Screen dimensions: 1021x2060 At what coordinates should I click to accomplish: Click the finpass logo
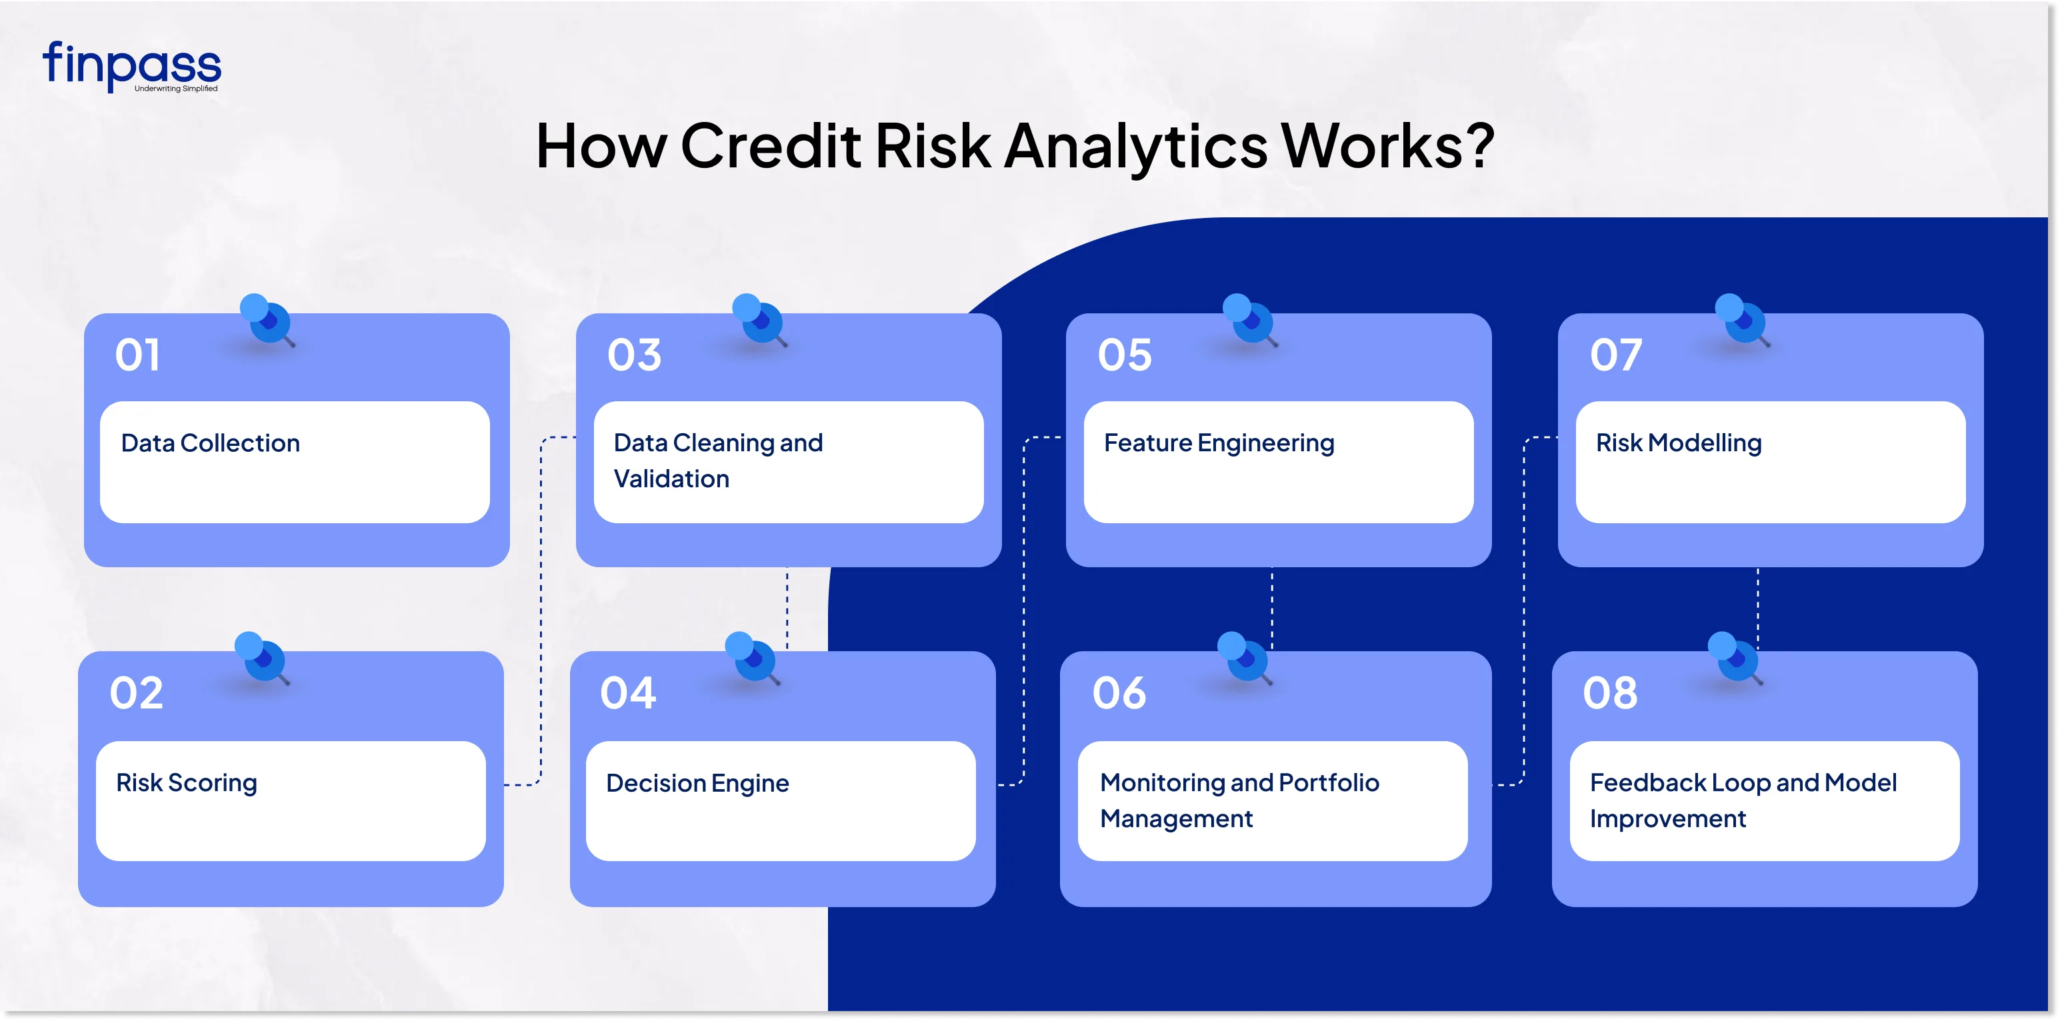(x=131, y=65)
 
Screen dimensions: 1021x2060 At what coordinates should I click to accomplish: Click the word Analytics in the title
(x=1135, y=147)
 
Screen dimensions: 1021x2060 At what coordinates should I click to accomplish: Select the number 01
(x=137, y=355)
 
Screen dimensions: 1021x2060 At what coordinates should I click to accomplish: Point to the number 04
(x=628, y=693)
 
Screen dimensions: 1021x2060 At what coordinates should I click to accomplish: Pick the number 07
(x=1615, y=355)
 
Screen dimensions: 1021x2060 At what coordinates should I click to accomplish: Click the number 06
(x=1119, y=693)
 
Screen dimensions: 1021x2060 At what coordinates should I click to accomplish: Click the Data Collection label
(x=210, y=443)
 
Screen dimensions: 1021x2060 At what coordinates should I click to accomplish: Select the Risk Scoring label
(x=186, y=782)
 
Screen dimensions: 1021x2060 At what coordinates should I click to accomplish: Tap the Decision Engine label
(x=697, y=782)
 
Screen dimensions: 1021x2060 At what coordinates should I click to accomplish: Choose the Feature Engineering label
(x=1219, y=443)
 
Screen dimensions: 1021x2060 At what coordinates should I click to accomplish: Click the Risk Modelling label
(x=1679, y=443)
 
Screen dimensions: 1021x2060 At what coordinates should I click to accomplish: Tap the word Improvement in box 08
(x=1667, y=818)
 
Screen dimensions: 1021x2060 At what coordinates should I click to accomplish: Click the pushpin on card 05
(x=1249, y=319)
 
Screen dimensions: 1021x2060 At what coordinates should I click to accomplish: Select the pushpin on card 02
(x=261, y=657)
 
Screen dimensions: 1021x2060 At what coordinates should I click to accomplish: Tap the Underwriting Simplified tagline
(x=176, y=89)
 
